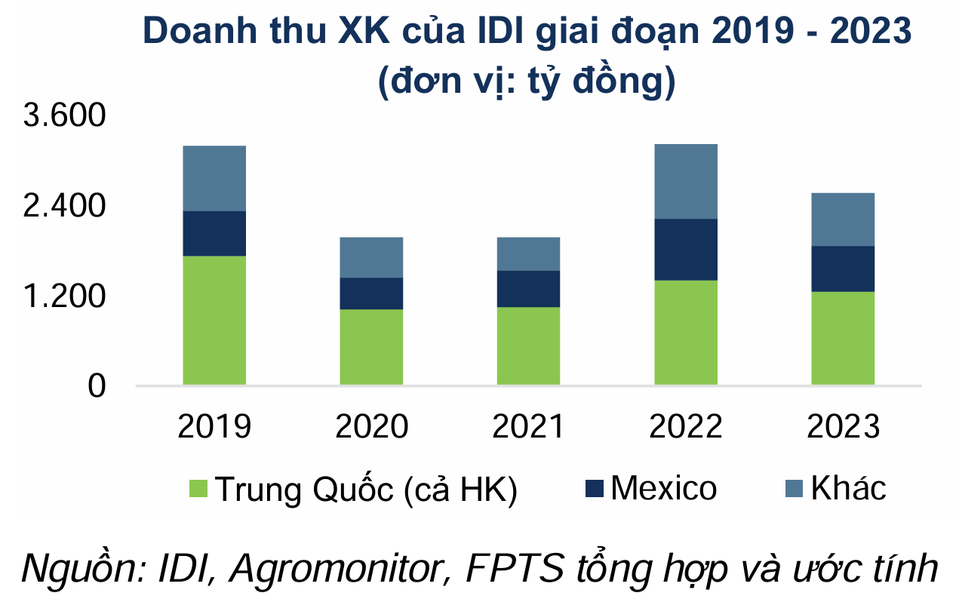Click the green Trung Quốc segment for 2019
pos(214,321)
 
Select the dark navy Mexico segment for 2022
pos(685,250)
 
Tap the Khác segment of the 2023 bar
pos(843,220)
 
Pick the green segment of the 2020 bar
pos(371,347)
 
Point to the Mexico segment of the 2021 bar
pos(528,289)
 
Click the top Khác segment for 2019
pos(214,178)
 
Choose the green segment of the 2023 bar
pos(843,338)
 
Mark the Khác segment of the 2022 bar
pos(685,181)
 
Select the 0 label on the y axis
pos(96,386)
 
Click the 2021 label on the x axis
pos(528,428)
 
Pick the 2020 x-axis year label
pos(371,428)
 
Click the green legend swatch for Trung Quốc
pos(198,489)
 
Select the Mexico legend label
pos(663,489)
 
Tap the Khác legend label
pos(848,489)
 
